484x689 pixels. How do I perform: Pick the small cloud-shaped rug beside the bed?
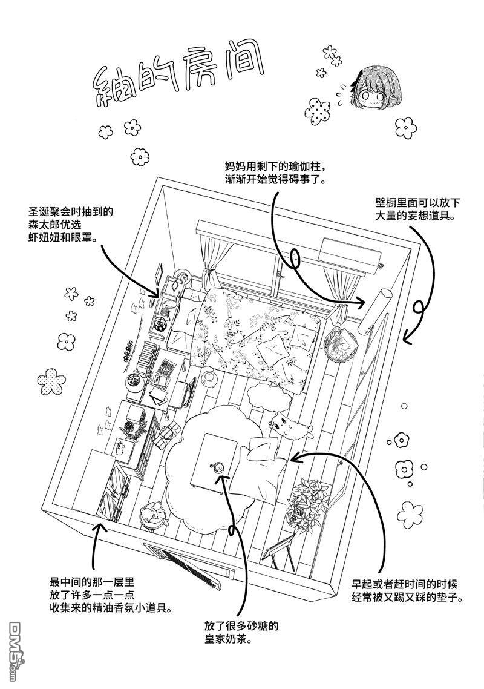[x=267, y=397]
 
